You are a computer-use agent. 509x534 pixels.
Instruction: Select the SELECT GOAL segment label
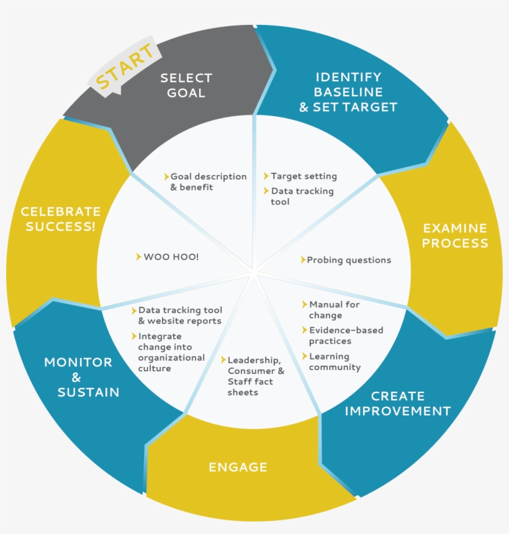coord(186,86)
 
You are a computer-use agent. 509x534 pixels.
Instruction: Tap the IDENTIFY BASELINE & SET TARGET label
coord(348,92)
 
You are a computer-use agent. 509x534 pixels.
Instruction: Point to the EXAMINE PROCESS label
coord(455,236)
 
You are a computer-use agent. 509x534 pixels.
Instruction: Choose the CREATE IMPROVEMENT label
coord(398,404)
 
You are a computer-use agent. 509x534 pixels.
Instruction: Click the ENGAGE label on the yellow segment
coord(238,467)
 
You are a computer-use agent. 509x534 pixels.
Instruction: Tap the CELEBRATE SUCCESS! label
coord(60,219)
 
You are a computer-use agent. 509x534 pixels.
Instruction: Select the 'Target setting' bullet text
coord(304,176)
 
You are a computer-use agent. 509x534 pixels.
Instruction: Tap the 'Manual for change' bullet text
coord(334,310)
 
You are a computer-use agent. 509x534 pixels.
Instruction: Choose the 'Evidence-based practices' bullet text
coord(346,335)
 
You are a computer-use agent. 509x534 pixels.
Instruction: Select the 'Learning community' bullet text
coord(335,361)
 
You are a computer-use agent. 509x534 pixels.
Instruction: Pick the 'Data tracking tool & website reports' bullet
coord(179,315)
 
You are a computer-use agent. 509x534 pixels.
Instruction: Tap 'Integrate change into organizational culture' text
coord(171,353)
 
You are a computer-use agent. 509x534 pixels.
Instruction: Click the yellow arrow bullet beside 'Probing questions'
coord(303,260)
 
